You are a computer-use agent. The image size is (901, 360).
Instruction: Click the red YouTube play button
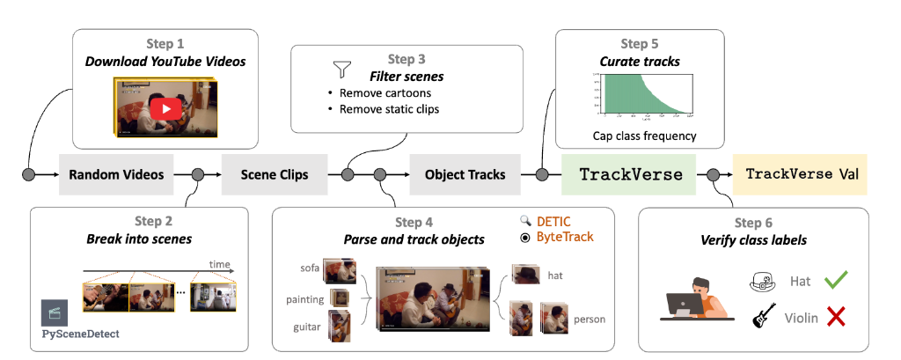(165, 108)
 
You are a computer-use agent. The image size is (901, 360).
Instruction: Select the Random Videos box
(116, 174)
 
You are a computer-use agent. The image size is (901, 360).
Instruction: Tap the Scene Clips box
(275, 174)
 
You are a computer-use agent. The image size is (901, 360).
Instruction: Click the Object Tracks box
(465, 174)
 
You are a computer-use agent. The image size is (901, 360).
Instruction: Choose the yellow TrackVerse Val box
(802, 174)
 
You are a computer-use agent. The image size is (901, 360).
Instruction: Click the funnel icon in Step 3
(341, 69)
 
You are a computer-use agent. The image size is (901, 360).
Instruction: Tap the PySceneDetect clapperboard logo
(54, 314)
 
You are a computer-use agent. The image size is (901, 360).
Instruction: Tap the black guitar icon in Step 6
(762, 316)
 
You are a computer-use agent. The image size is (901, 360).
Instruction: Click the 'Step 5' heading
(639, 43)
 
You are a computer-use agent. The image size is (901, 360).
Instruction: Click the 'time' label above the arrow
(219, 263)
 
